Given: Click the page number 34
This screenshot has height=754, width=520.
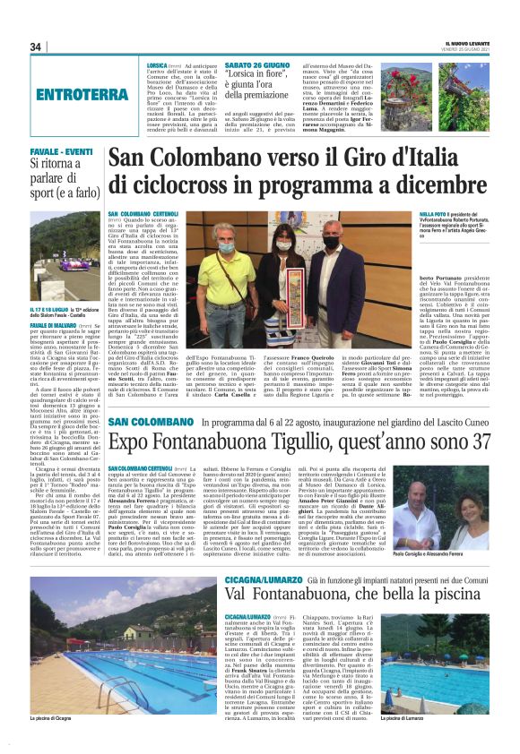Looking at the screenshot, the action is pos(36,47).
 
